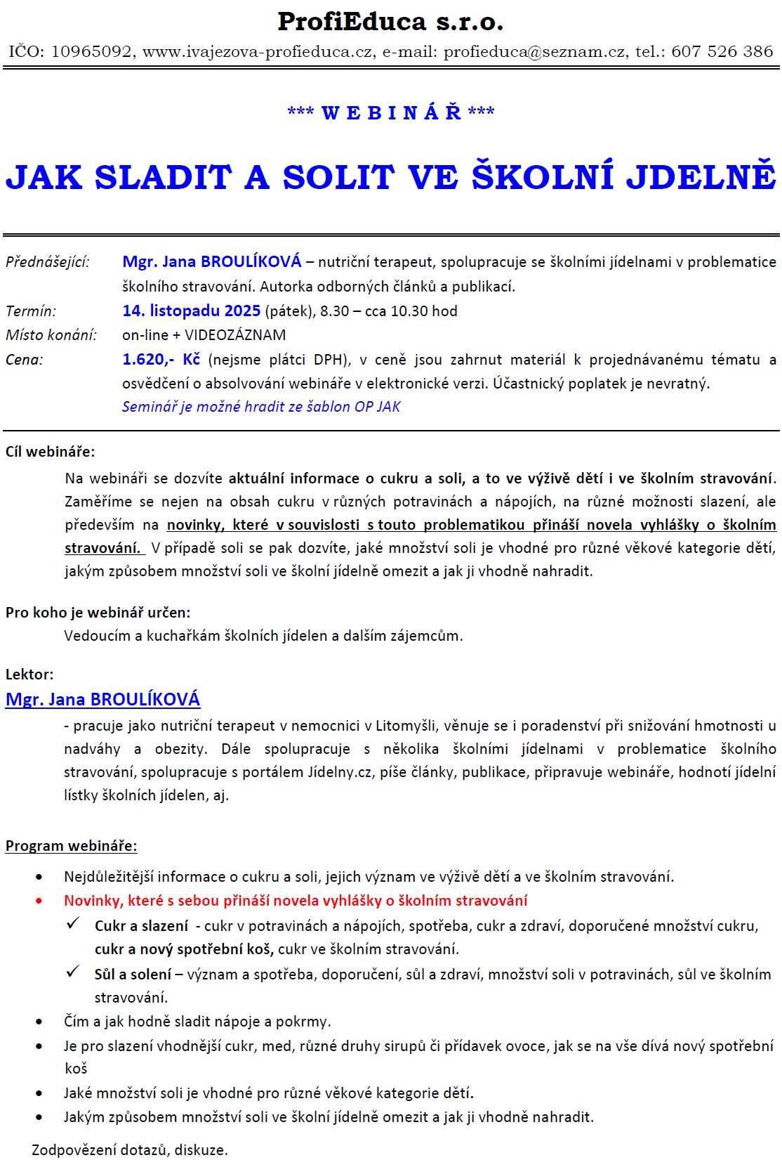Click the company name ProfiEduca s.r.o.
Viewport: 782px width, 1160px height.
click(x=390, y=22)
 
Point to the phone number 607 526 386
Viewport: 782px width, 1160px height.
click(x=722, y=51)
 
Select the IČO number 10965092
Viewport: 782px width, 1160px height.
click(x=91, y=51)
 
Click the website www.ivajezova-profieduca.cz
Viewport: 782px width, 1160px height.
click(x=258, y=51)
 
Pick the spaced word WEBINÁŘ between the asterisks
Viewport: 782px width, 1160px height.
click(x=391, y=112)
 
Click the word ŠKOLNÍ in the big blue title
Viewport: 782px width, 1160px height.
click(x=543, y=176)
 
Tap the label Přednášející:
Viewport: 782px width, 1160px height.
click(x=48, y=262)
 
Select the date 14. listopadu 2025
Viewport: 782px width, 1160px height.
click(x=192, y=311)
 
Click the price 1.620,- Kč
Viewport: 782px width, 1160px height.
click(x=161, y=359)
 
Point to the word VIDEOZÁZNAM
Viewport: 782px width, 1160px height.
click(x=235, y=335)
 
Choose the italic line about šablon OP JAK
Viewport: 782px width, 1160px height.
click(x=261, y=407)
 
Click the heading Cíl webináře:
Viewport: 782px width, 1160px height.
click(x=50, y=452)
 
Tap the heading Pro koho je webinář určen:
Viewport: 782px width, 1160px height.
click(x=98, y=612)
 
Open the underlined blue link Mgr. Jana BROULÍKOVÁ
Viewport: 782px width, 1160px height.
click(x=102, y=699)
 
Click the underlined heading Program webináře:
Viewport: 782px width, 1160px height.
click(x=71, y=845)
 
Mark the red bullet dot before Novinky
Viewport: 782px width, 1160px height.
click(x=39, y=901)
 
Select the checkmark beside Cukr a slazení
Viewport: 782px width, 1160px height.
click(x=73, y=924)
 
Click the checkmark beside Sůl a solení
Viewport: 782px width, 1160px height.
click(x=73, y=972)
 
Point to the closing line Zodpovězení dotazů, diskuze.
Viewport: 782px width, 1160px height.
click(x=130, y=1150)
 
